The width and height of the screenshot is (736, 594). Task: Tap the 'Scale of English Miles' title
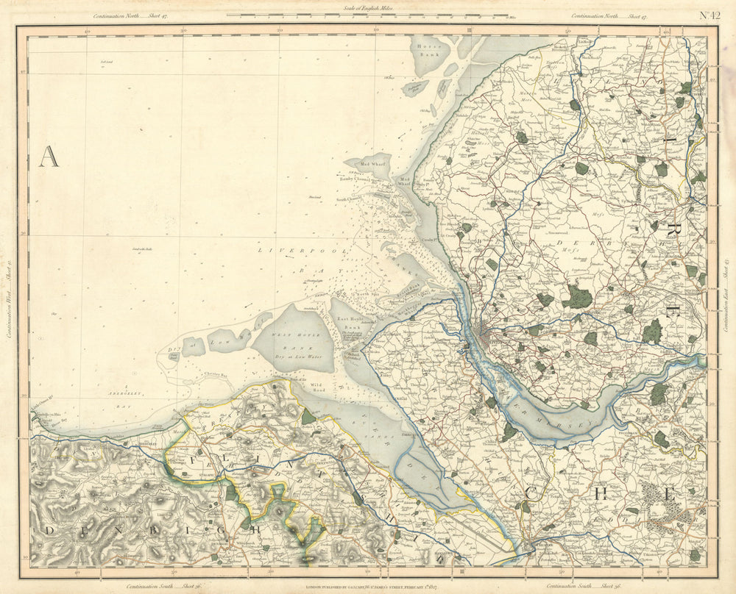tap(368, 7)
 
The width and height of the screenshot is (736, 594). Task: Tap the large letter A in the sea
tap(49, 157)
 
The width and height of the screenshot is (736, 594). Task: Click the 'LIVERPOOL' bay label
tap(284, 251)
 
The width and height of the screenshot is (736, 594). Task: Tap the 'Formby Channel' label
tap(355, 178)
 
